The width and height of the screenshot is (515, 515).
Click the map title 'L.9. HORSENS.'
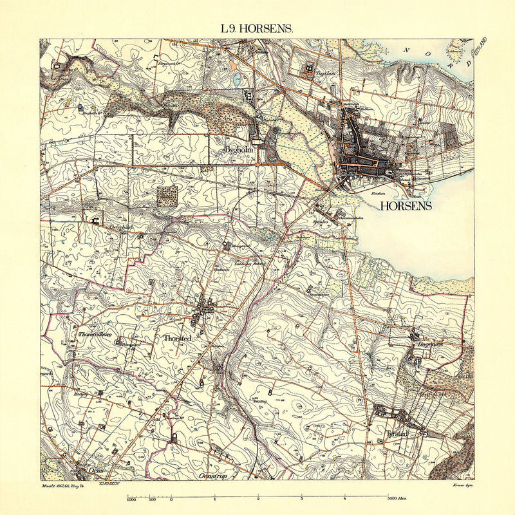coord(257,29)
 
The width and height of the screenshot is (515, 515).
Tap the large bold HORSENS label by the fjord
coord(406,207)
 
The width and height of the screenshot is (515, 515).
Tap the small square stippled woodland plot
coord(167,196)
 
